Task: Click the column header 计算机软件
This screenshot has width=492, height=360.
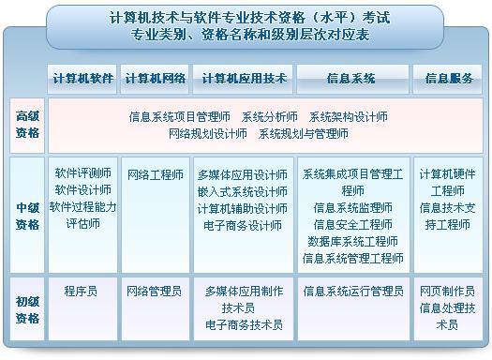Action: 82,79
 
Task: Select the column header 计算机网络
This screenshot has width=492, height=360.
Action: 155,79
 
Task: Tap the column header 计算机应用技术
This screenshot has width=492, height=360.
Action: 243,79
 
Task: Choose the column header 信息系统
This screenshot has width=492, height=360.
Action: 352,79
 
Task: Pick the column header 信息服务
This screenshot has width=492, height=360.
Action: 448,79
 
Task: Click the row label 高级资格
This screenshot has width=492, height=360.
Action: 27,125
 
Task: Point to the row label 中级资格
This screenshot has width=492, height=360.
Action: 27,217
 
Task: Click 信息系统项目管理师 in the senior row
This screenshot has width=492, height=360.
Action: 180,117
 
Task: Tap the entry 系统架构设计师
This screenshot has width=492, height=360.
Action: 348,117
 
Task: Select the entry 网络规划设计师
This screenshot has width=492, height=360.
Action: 208,134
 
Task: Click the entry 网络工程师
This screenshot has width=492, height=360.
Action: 155,174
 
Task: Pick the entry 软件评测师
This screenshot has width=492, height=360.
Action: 82,173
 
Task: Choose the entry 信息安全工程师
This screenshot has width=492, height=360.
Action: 352,225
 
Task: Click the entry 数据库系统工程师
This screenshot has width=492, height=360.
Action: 352,242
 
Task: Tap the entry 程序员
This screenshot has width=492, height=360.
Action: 81,292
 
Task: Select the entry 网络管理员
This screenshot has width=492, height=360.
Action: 155,292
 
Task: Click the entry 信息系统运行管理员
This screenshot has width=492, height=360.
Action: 352,292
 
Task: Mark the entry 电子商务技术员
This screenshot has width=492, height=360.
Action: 243,325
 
